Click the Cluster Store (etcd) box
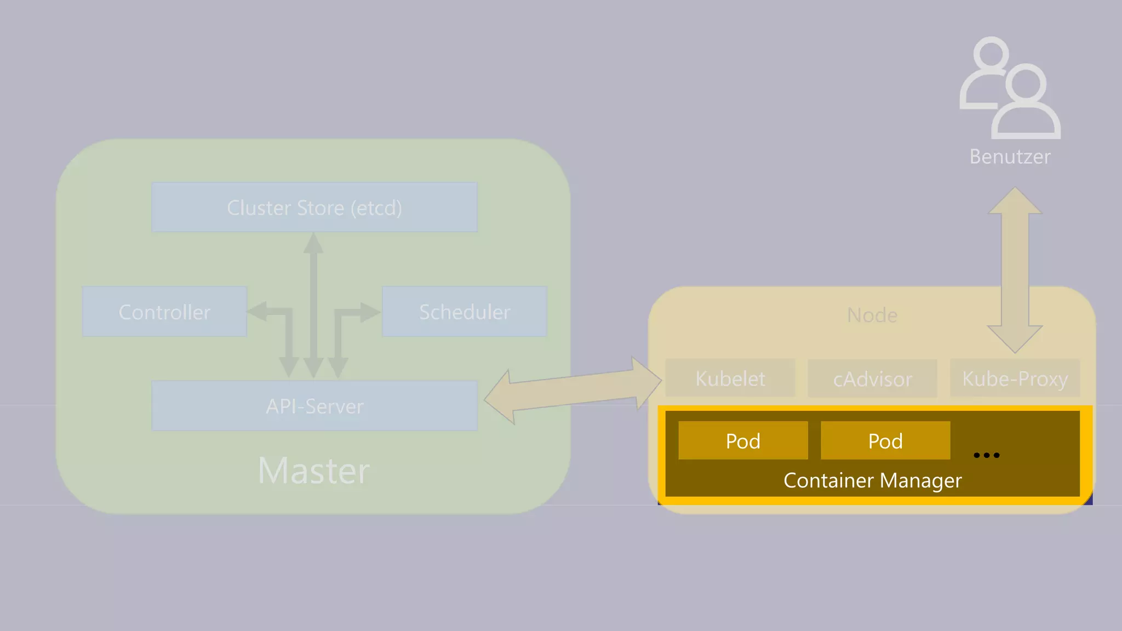click(x=314, y=208)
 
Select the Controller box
click(x=164, y=312)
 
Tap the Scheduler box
click(x=464, y=312)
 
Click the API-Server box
click(x=314, y=406)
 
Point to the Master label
click(x=314, y=471)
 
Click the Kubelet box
click(x=730, y=378)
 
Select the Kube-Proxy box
click(x=1015, y=378)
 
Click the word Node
click(x=872, y=315)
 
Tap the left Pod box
click(x=743, y=440)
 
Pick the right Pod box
click(x=885, y=440)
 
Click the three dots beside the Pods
click(x=986, y=455)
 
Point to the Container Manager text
click(x=872, y=480)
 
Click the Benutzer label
click(x=1010, y=157)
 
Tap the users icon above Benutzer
click(x=1010, y=88)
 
